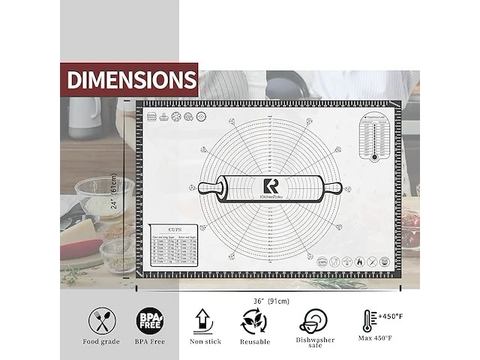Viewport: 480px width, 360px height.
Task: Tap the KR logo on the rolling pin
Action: click(x=270, y=187)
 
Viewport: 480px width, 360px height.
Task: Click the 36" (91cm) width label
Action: click(x=271, y=301)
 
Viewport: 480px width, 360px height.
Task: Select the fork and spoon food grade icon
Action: click(x=102, y=322)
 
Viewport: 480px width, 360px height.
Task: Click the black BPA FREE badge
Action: click(x=148, y=322)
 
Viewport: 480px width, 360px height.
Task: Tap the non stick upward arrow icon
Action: click(x=203, y=322)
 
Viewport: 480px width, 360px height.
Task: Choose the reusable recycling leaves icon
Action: click(x=253, y=322)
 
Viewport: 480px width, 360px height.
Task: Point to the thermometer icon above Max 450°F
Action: click(x=369, y=322)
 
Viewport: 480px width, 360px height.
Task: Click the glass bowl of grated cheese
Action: click(x=103, y=196)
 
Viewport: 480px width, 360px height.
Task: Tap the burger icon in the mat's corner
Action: click(x=153, y=117)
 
